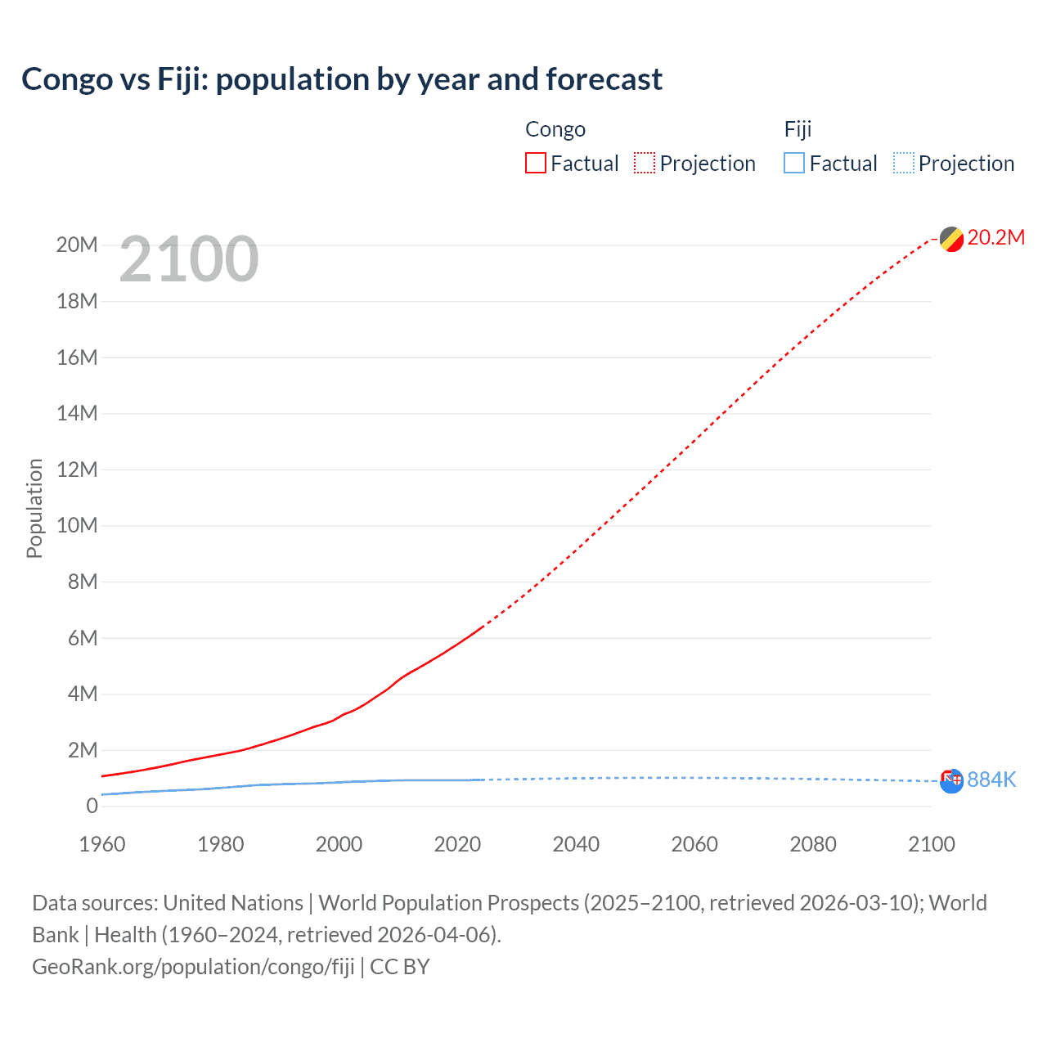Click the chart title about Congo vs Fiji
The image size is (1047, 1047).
point(342,79)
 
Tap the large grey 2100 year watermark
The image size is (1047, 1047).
point(189,259)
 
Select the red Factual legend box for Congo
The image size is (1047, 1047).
point(535,164)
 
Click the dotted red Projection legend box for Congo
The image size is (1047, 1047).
point(645,164)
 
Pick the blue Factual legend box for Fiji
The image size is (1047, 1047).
point(793,164)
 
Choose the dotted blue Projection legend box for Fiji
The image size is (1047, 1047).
point(903,164)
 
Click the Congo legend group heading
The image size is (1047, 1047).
point(555,129)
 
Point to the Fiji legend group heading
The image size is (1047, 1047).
point(798,129)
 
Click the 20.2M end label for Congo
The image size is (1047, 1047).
point(995,238)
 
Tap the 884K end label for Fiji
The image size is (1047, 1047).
point(991,780)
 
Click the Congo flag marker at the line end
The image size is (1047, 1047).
point(951,240)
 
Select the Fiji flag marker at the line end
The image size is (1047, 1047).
point(951,781)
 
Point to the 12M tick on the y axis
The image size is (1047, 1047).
point(77,470)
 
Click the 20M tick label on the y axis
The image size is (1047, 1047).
point(77,245)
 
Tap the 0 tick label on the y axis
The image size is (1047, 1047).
point(92,806)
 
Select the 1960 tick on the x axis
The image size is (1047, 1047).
point(102,844)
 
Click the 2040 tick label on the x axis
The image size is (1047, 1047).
point(576,844)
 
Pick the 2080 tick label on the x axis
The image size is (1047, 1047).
point(813,844)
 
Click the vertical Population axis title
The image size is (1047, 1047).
point(34,508)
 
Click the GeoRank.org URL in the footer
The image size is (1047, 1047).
point(193,967)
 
